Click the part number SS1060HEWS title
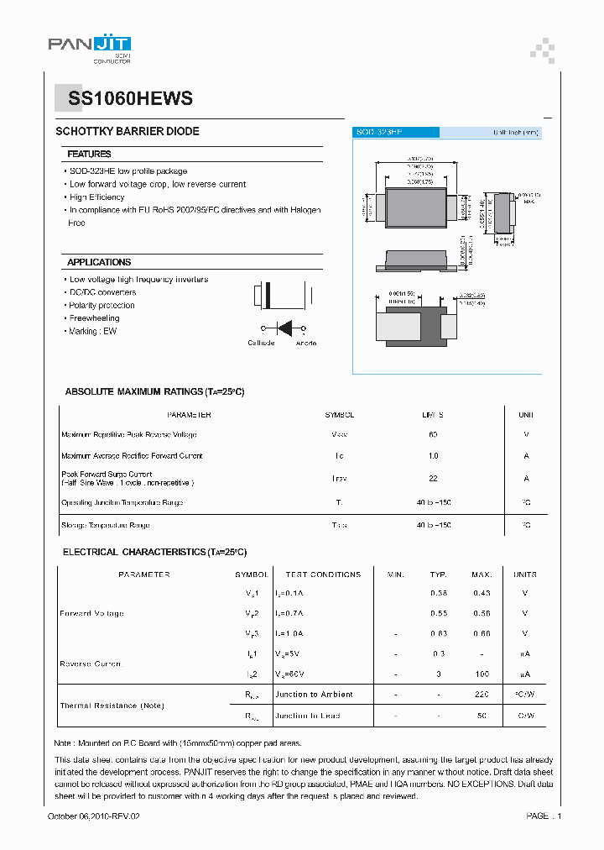(x=123, y=98)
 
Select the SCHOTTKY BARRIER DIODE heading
(x=128, y=132)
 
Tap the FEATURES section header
(x=89, y=155)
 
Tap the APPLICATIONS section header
(x=99, y=262)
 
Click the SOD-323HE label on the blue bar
(x=378, y=133)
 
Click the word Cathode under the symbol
(x=261, y=343)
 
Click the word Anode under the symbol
(x=305, y=343)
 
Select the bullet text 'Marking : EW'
(x=93, y=332)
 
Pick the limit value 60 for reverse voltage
(x=433, y=435)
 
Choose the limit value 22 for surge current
(x=433, y=478)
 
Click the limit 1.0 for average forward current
(x=433, y=456)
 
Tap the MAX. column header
(x=482, y=575)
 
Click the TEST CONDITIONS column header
(x=323, y=575)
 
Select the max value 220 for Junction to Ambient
(x=482, y=695)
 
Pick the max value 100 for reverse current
(x=482, y=674)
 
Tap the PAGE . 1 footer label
(x=544, y=816)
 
